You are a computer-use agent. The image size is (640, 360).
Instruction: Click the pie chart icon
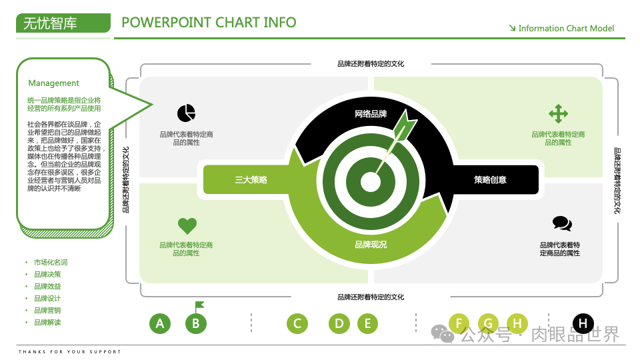click(186, 113)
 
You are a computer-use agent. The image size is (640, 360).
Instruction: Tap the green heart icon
click(187, 226)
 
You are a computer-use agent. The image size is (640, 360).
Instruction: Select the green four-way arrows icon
click(558, 113)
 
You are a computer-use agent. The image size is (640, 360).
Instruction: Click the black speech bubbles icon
click(562, 224)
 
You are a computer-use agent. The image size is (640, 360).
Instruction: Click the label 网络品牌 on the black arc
click(371, 114)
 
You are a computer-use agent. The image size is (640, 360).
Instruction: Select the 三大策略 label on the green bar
click(251, 180)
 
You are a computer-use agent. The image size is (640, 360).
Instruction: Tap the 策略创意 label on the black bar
click(490, 180)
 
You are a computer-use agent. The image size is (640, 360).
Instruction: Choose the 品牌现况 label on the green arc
click(371, 245)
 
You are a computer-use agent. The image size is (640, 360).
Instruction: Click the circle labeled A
click(159, 324)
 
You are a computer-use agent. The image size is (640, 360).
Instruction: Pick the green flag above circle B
click(199, 306)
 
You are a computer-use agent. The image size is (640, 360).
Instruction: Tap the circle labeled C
click(297, 324)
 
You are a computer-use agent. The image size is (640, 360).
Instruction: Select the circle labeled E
click(367, 324)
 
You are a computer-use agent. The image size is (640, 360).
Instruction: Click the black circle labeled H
click(583, 324)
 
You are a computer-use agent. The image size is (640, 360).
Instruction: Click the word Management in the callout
click(53, 83)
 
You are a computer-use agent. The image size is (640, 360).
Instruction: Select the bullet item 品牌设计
click(47, 299)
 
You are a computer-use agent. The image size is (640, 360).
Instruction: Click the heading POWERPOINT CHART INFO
click(209, 23)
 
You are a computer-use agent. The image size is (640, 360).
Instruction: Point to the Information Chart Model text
click(566, 29)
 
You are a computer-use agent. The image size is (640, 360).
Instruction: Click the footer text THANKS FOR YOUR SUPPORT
click(70, 352)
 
